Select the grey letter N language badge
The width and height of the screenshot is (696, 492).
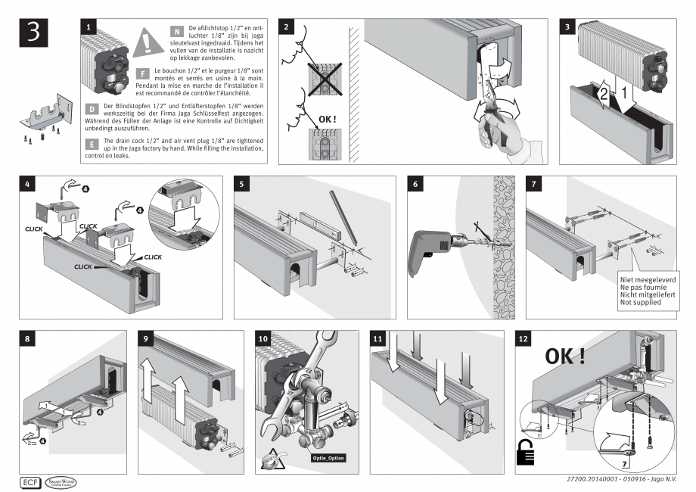click(x=177, y=31)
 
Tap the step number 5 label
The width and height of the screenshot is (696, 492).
click(x=241, y=184)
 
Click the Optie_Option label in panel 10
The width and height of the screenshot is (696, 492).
click(x=328, y=458)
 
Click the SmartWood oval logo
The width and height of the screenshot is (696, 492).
click(x=60, y=481)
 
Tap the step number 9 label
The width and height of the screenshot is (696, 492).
click(x=144, y=338)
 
